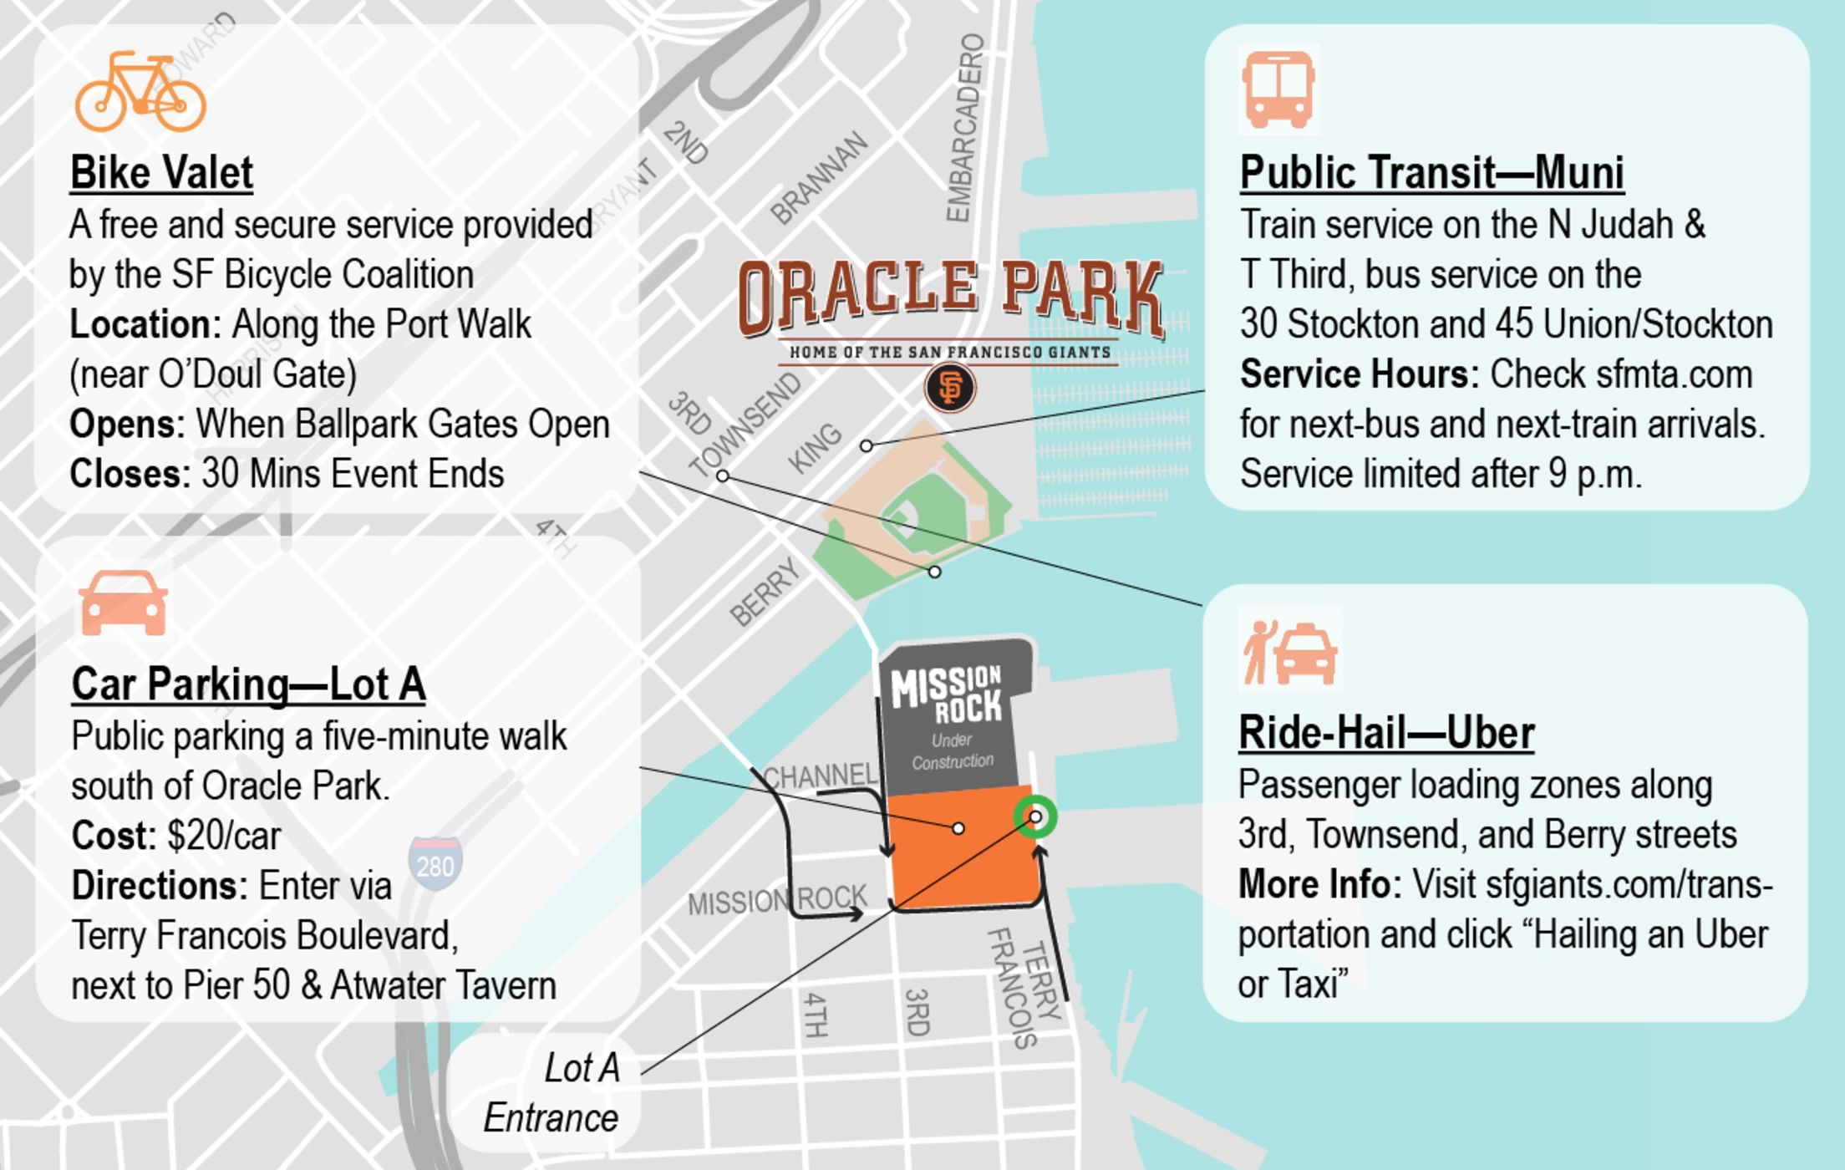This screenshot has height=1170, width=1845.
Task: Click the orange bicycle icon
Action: pos(140,92)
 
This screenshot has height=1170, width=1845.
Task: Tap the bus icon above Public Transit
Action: pos(1278,90)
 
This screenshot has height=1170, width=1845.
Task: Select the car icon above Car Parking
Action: pos(123,603)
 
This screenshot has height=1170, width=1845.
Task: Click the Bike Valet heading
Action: pos(161,173)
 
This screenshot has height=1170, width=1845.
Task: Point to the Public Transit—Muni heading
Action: pos(1431,173)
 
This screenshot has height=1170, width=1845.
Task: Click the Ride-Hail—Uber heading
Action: pos(1386,733)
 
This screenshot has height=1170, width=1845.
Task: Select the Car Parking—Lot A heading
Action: pos(248,684)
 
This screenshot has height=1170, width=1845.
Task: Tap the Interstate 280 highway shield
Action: pos(435,862)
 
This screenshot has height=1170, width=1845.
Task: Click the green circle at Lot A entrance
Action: pos(1035,816)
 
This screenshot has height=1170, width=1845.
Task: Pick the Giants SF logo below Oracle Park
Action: pos(950,389)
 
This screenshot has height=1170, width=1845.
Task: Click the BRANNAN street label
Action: pos(819,178)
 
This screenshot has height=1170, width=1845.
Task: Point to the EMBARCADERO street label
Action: pos(965,128)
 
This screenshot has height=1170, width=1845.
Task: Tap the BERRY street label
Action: pos(765,592)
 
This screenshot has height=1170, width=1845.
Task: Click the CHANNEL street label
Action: pos(820,776)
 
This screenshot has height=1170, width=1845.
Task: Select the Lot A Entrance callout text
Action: pos(551,1093)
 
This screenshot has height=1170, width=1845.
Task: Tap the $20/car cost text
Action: pos(224,836)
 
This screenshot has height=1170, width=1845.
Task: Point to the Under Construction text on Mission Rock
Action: pos(953,750)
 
